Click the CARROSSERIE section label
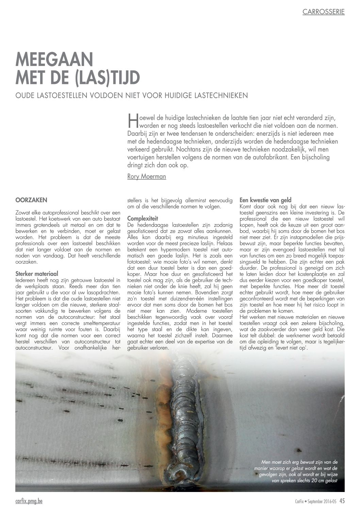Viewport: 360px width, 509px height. [x=323, y=12]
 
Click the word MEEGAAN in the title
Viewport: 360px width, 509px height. [x=54, y=60]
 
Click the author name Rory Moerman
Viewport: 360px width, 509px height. [x=146, y=177]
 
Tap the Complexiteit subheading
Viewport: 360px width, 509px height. [x=142, y=218]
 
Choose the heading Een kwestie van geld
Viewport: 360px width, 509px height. [x=265, y=200]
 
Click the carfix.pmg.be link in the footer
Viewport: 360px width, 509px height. [x=29, y=501]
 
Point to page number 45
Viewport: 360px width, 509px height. [x=342, y=501]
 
